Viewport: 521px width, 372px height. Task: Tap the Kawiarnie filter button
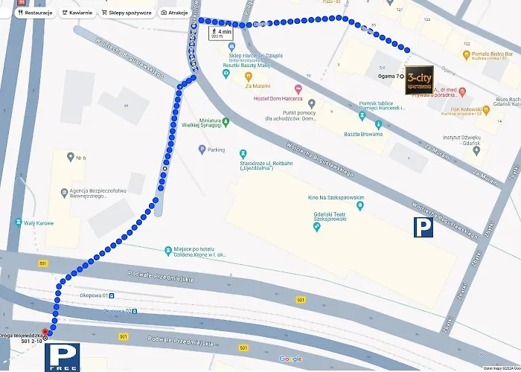77,13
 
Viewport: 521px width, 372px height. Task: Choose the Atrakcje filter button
175,13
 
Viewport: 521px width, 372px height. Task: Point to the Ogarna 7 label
389,76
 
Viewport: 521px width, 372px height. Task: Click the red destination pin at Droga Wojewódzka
45,332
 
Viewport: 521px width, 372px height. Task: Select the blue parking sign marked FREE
63,356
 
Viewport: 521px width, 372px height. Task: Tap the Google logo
290,359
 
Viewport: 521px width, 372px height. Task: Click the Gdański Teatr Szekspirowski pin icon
317,226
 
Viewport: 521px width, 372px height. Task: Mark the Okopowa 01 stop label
98,295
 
